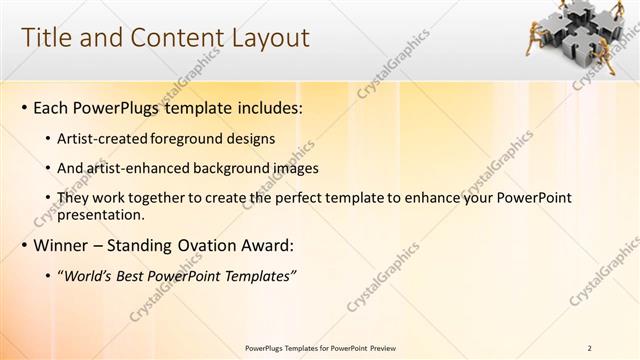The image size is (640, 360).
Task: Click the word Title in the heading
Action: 47,38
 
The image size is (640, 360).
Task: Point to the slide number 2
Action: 589,348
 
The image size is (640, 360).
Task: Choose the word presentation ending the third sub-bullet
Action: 102,214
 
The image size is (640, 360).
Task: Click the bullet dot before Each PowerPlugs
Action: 24,107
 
